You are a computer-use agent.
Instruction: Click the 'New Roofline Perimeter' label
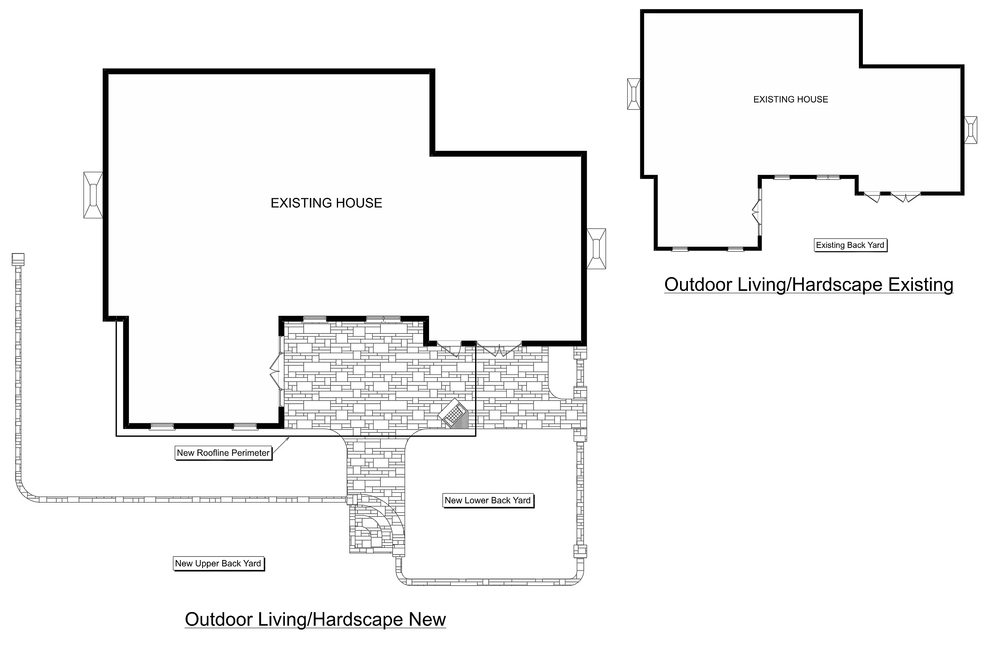223,453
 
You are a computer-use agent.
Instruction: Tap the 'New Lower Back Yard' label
488,500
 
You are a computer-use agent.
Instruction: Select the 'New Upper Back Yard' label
218,564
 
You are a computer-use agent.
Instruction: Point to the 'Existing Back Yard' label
850,245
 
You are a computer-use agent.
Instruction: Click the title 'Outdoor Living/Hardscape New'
315,619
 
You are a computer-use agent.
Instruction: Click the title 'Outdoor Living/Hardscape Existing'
809,285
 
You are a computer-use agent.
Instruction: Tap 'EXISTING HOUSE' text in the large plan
326,203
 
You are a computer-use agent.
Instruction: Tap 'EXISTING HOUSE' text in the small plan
791,99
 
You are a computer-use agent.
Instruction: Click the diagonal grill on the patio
453,414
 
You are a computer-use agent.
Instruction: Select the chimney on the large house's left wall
93,195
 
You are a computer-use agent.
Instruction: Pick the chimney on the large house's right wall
597,248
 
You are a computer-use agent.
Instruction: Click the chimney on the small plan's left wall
634,94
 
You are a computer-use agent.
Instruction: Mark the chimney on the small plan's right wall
970,130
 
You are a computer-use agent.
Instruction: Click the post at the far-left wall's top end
18,259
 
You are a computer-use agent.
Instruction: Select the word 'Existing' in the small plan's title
921,285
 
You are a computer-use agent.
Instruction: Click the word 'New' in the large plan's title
427,619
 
